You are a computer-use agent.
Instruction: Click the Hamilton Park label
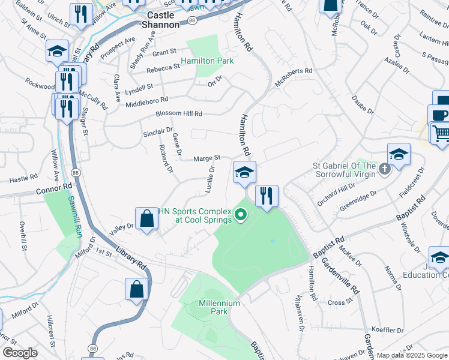(x=206, y=61)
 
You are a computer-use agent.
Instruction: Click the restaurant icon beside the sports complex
(x=267, y=195)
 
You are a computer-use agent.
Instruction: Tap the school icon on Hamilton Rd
(x=244, y=172)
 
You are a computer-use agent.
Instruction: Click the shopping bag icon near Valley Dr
(x=147, y=219)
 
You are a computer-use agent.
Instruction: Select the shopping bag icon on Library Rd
(x=137, y=289)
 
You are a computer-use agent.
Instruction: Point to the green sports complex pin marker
(x=241, y=214)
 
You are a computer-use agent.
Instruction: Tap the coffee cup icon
(x=439, y=115)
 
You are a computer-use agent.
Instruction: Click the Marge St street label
(x=207, y=158)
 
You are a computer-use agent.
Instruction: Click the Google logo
(x=20, y=353)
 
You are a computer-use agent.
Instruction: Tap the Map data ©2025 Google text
(x=411, y=355)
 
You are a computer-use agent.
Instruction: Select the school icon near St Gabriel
(x=399, y=154)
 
